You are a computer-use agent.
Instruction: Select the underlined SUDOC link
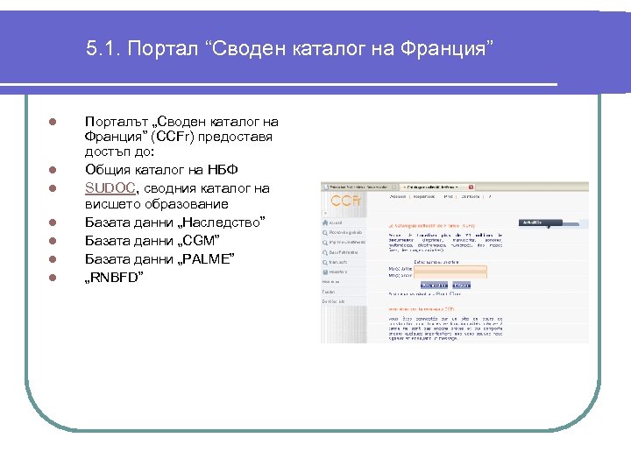(110, 188)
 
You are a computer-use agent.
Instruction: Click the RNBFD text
(115, 277)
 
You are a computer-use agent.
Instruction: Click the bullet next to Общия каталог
(53, 169)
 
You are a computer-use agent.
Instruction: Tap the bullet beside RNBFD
(53, 278)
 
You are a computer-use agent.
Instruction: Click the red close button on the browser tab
(471, 187)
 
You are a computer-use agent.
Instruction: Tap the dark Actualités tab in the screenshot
(530, 222)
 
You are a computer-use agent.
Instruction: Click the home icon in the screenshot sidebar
(326, 222)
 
